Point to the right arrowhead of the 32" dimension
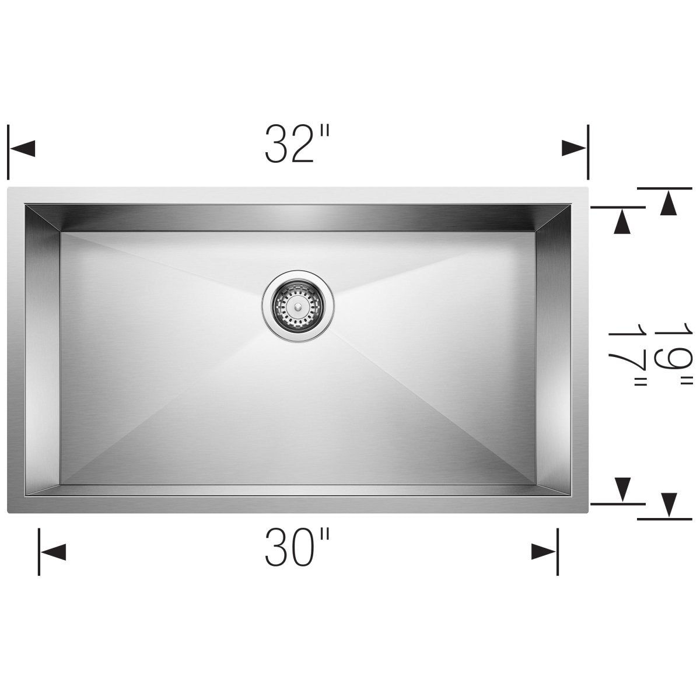tap(573, 149)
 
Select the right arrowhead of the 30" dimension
tap(543, 551)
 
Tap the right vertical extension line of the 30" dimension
tap(558, 551)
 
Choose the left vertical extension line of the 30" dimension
tap(39, 551)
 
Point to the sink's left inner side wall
tap(42, 350)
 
